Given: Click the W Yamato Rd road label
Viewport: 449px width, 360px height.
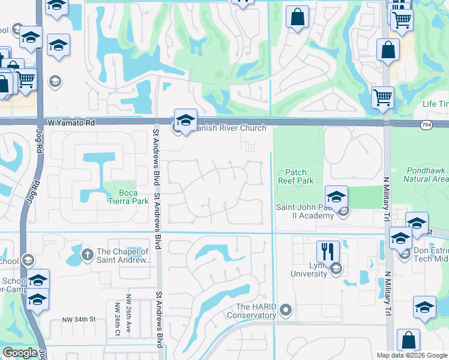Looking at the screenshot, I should (70, 122).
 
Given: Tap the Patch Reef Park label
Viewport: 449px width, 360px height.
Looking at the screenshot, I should (295, 176).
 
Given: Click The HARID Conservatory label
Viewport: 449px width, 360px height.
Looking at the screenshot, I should (255, 311).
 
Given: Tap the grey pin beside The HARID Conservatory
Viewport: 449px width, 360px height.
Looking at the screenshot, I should (286, 310).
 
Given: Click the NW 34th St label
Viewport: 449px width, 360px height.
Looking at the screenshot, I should (79, 321).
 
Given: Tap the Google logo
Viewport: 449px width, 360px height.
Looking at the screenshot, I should (20, 353).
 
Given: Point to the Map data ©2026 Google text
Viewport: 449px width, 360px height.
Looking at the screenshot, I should (411, 355).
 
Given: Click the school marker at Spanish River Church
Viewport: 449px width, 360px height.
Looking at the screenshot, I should (186, 118).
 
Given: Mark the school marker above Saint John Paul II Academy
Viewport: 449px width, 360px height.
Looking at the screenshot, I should (336, 196).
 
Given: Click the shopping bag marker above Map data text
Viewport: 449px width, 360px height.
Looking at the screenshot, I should (409, 340).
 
